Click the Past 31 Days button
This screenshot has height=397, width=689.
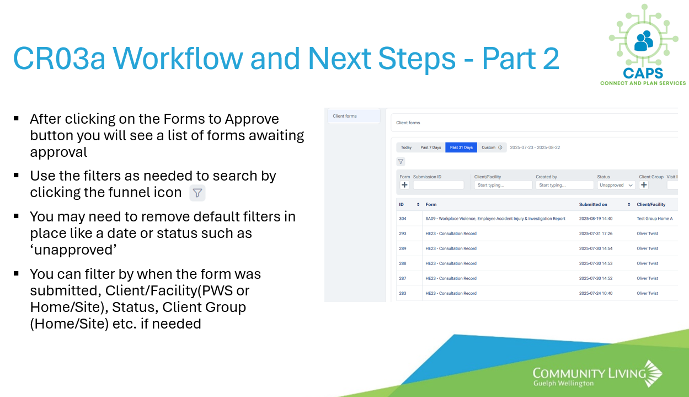[x=461, y=147]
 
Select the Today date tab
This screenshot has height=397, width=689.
[x=406, y=147]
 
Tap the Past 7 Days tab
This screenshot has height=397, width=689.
[x=431, y=147]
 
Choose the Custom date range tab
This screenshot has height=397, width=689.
[x=492, y=147]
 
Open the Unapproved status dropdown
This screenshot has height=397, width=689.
[x=616, y=185]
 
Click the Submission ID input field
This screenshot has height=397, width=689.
[x=439, y=185]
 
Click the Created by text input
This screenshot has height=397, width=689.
[x=564, y=185]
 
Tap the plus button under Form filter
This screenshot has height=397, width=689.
[x=404, y=185]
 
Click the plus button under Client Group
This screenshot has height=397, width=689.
[x=644, y=185]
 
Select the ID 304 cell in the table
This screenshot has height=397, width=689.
[x=403, y=219]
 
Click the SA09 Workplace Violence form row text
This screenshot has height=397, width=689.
[x=495, y=219]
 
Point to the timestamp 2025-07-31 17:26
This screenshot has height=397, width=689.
[x=596, y=234]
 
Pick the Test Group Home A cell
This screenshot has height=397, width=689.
[x=655, y=219]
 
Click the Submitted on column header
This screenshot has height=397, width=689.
[x=593, y=204]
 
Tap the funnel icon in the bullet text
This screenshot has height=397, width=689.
[x=197, y=193]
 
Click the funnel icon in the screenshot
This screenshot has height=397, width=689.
[x=401, y=161]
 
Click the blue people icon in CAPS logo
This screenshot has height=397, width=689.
[x=643, y=41]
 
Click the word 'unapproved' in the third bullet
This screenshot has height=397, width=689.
[x=73, y=250]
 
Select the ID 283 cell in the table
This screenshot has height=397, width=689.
[x=403, y=293]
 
